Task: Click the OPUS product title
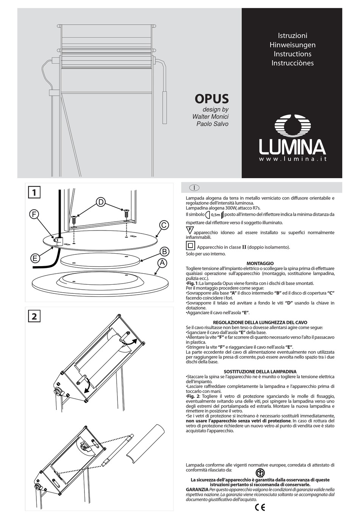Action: pyautogui.click(x=211, y=99)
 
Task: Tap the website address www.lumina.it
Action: pyautogui.click(x=293, y=159)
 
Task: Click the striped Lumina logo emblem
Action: pyautogui.click(x=293, y=125)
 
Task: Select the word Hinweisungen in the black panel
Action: pyautogui.click(x=292, y=45)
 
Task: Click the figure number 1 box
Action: pyautogui.click(x=34, y=193)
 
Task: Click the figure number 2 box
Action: pyautogui.click(x=34, y=316)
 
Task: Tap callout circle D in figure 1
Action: pyautogui.click(x=101, y=202)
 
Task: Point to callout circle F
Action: pyautogui.click(x=34, y=215)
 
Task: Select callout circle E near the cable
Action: pyautogui.click(x=35, y=259)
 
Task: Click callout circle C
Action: pyautogui.click(x=164, y=225)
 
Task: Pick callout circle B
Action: pyautogui.click(x=164, y=251)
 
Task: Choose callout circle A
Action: pyautogui.click(x=162, y=263)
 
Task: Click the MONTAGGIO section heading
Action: pyautogui.click(x=260, y=263)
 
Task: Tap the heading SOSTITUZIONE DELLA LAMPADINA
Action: pyautogui.click(x=260, y=372)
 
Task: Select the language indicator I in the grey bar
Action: pyautogui.click(x=194, y=188)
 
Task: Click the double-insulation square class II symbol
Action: pyautogui.click(x=190, y=246)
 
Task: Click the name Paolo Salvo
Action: pyautogui.click(x=212, y=124)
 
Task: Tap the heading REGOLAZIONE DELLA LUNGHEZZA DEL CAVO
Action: pyautogui.click(x=260, y=323)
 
